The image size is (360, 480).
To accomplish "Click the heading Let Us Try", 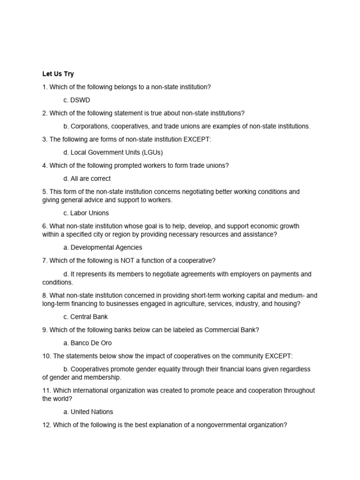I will (x=58, y=74).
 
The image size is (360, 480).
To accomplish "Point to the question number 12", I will (x=46, y=425).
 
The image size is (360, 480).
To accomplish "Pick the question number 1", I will (x=45, y=87).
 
